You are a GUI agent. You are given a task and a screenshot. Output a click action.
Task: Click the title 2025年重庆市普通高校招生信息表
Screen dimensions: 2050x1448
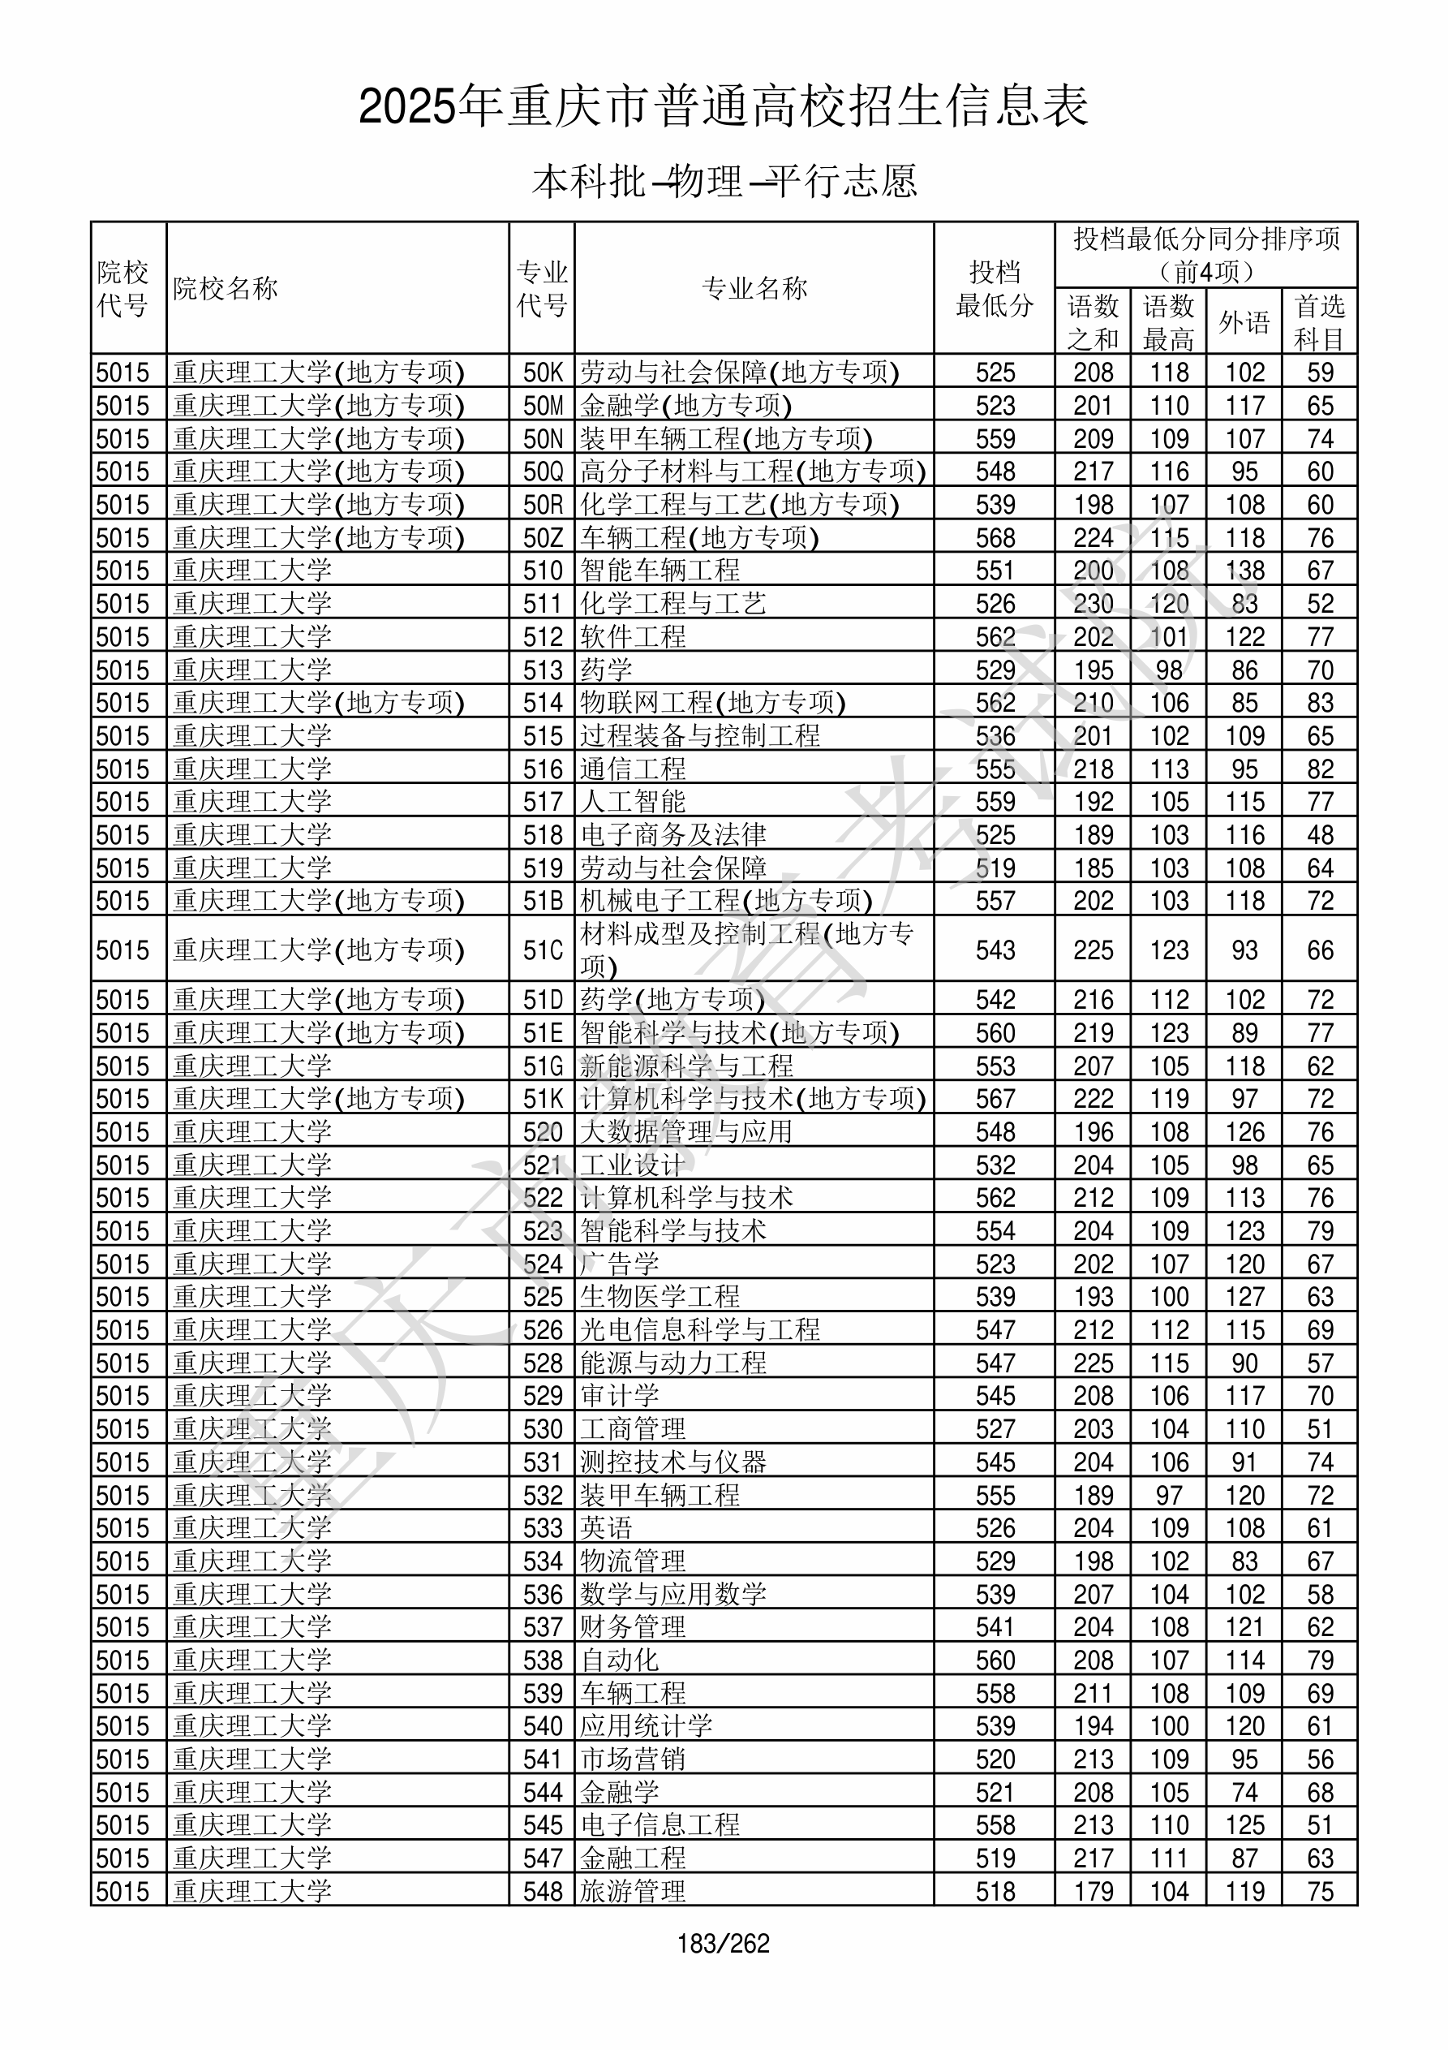pos(723,106)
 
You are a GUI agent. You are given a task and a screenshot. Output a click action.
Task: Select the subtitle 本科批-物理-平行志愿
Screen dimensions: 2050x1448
pos(723,181)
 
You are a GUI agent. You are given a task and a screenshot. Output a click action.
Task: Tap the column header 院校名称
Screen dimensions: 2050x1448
pos(226,288)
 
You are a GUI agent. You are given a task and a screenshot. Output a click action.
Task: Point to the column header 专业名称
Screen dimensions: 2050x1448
pos(754,288)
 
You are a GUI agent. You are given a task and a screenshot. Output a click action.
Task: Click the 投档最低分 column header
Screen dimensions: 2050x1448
pos(995,288)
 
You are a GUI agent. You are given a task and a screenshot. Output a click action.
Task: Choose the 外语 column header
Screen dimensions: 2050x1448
pos(1244,322)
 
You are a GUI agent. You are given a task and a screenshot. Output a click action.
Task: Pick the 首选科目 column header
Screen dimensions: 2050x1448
pos(1320,322)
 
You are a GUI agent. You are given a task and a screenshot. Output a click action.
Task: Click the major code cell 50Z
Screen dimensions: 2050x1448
pos(543,537)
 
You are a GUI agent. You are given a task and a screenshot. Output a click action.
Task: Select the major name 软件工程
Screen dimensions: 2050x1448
pos(633,636)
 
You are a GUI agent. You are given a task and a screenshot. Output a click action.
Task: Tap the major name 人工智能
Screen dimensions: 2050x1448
pos(633,802)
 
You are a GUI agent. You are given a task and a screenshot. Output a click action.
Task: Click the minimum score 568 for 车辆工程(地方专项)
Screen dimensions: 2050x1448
pos(995,537)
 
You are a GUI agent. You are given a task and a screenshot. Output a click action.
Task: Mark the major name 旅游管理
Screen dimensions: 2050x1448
pos(633,1891)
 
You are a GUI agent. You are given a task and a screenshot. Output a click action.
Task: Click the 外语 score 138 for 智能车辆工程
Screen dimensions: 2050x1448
pos(1244,571)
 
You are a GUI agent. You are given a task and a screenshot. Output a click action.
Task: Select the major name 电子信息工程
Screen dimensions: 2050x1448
pos(660,1825)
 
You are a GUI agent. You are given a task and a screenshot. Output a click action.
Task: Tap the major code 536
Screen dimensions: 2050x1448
pos(543,1594)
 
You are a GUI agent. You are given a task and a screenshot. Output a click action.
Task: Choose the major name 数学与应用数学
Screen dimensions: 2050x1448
pos(673,1594)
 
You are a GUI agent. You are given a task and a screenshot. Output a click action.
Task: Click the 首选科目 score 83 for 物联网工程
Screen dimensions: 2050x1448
pos(1320,703)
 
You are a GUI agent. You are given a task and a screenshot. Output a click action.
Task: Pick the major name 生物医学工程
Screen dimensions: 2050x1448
pos(660,1296)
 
